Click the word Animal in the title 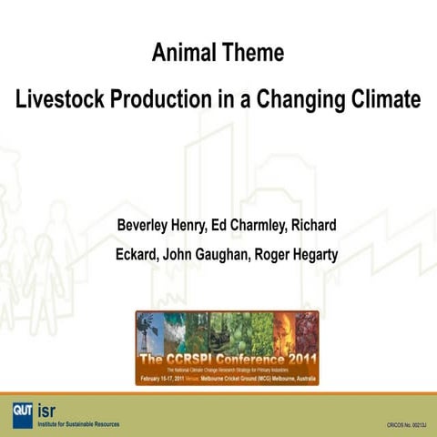pyautogui.click(x=182, y=53)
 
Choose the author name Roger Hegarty pyautogui.click(x=295, y=254)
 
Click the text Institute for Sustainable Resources pyautogui.click(x=78, y=423)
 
